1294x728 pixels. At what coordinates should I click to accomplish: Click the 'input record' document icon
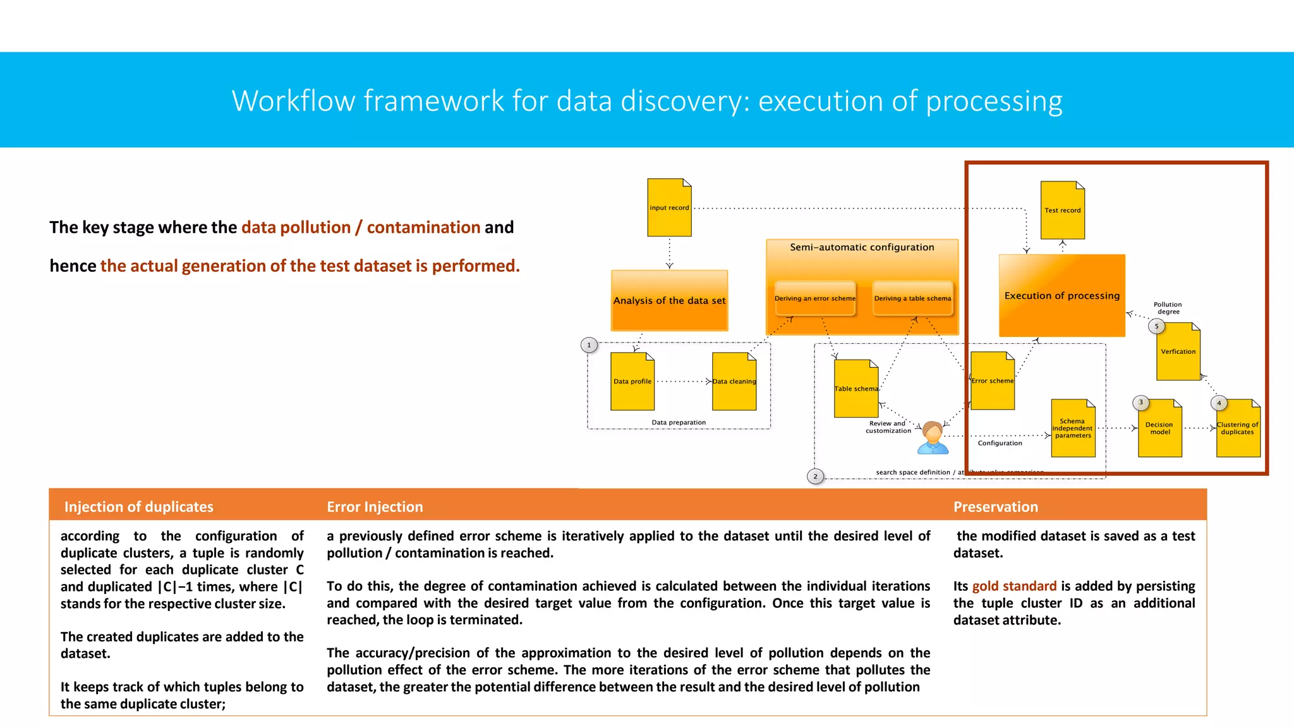pyautogui.click(x=669, y=207)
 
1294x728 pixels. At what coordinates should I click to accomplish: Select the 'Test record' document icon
pyautogui.click(x=1062, y=210)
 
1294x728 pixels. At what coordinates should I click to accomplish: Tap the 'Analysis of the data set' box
pyautogui.click(x=669, y=301)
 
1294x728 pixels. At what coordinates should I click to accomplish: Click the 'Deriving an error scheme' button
pyautogui.click(x=814, y=298)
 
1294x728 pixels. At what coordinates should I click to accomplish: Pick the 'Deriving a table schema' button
pyautogui.click(x=912, y=298)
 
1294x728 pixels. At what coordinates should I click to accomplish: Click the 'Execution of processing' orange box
pyautogui.click(x=1061, y=295)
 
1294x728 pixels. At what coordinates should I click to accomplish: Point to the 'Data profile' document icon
pyautogui.click(x=632, y=381)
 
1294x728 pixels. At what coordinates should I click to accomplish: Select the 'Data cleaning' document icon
pyautogui.click(x=734, y=381)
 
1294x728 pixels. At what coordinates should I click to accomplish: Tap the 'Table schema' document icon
pyautogui.click(x=856, y=389)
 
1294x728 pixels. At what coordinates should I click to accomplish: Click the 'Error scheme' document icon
pyautogui.click(x=992, y=380)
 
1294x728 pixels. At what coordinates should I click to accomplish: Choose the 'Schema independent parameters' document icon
pyautogui.click(x=1072, y=428)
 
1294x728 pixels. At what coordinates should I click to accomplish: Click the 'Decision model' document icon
pyautogui.click(x=1159, y=428)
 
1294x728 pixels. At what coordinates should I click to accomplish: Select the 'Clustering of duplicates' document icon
pyautogui.click(x=1237, y=428)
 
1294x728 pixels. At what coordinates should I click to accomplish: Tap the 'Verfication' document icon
pyautogui.click(x=1178, y=351)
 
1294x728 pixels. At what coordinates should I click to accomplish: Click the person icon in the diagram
pyautogui.click(x=933, y=438)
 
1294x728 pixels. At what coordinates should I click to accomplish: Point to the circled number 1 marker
pyautogui.click(x=589, y=345)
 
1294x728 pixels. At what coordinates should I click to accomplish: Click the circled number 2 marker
pyautogui.click(x=815, y=476)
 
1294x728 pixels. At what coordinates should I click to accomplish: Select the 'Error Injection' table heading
pyautogui.click(x=375, y=507)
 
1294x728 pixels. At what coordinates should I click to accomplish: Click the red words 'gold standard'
pyautogui.click(x=1014, y=586)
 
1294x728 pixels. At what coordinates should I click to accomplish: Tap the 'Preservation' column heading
pyautogui.click(x=995, y=507)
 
